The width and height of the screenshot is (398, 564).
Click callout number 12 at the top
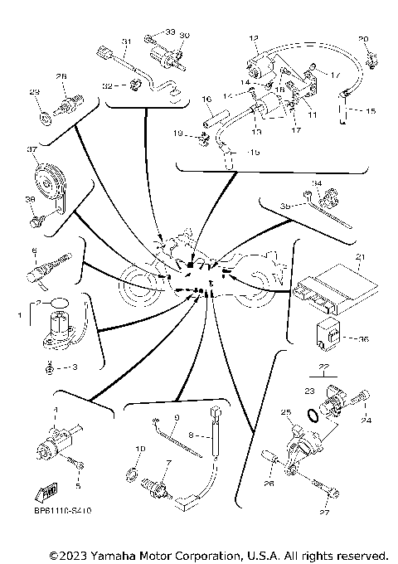coord(255,38)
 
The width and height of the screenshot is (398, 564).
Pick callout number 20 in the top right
coord(362,40)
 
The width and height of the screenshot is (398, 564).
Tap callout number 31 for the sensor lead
coord(127,41)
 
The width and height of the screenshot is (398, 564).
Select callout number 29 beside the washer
coord(34,92)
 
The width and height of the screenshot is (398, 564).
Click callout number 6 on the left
coord(34,250)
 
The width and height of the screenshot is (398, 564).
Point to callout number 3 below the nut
coord(75,366)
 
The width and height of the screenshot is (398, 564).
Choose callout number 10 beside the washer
coord(138,449)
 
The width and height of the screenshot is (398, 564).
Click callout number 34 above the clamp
coord(317,183)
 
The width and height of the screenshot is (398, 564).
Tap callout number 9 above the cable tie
coord(176,417)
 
